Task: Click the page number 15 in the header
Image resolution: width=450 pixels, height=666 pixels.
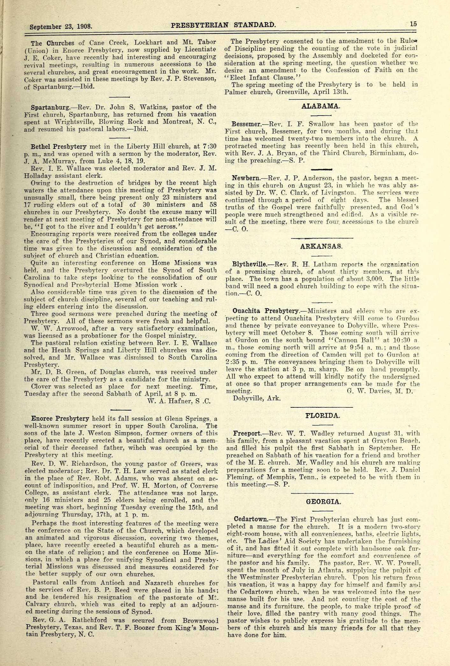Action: pos(413,23)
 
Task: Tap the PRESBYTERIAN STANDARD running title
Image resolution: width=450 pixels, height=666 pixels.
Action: pos(223,25)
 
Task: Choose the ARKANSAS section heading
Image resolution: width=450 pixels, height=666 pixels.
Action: pos(321,246)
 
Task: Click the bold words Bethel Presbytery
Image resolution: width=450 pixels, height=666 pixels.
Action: pos(59,147)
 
